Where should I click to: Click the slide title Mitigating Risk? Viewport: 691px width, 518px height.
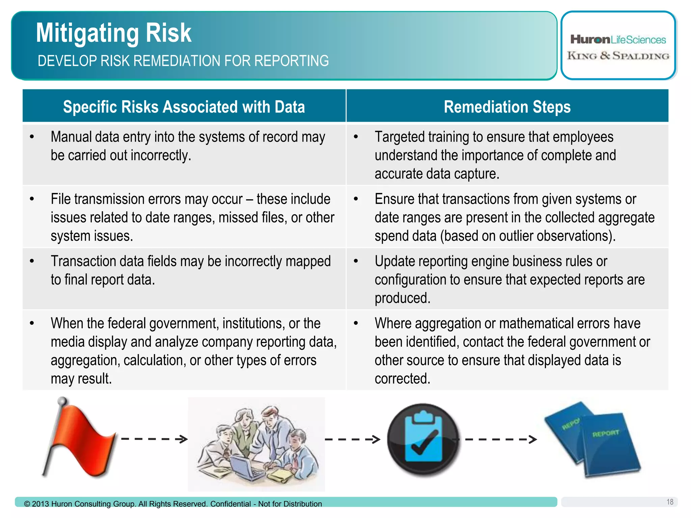[x=114, y=33]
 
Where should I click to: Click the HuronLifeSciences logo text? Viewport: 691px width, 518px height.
[x=618, y=40]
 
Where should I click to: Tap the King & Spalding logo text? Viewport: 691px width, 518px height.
[x=618, y=56]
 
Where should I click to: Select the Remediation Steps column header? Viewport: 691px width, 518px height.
[x=507, y=107]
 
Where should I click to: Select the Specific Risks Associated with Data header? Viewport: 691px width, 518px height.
[x=184, y=107]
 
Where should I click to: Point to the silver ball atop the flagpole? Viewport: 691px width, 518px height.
[x=62, y=401]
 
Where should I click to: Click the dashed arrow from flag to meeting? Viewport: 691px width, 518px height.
[x=154, y=439]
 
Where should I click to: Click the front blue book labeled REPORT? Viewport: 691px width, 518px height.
[x=609, y=445]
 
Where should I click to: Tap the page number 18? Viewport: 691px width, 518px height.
[x=670, y=502]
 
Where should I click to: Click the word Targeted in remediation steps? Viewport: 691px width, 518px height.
[x=399, y=137]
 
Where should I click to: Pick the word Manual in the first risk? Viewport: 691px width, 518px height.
[x=71, y=137]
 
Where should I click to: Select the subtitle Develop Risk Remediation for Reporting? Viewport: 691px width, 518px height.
[x=183, y=61]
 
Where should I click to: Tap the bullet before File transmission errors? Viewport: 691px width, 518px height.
[x=32, y=199]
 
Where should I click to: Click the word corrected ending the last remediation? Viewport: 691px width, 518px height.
[x=402, y=379]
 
